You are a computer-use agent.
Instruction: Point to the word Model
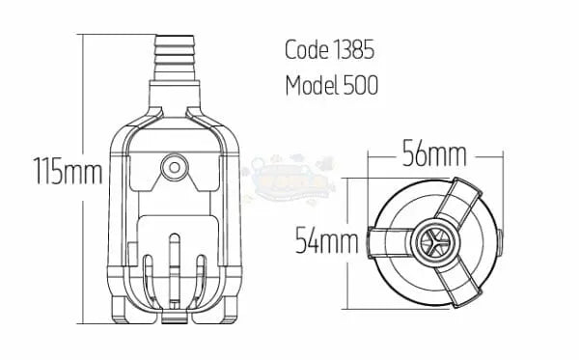314,85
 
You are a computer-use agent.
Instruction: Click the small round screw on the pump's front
175,168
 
